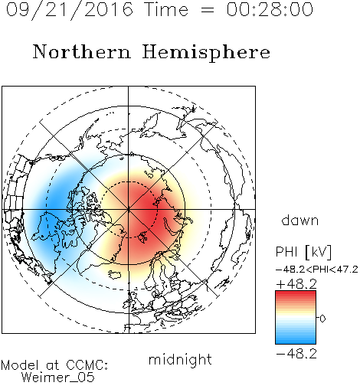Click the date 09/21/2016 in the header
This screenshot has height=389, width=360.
click(x=70, y=10)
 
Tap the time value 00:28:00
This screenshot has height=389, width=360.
click(x=270, y=9)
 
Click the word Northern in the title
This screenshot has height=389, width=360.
click(x=82, y=52)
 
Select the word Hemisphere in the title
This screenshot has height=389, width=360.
click(x=206, y=52)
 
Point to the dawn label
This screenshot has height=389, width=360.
click(x=300, y=221)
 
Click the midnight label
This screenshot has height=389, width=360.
click(x=180, y=359)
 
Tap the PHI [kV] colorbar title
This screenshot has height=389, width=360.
click(x=303, y=252)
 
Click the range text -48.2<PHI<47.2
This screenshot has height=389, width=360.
click(x=317, y=270)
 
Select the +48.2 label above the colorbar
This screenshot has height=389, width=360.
click(x=296, y=284)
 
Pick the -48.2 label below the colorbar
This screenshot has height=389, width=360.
click(x=296, y=354)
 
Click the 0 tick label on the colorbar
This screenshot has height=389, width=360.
click(x=322, y=319)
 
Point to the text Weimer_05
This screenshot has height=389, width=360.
click(x=58, y=378)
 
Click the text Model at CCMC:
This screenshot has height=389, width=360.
click(x=54, y=365)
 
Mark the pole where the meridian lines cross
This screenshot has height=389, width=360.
click(x=129, y=209)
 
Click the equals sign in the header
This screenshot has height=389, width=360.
click(x=207, y=10)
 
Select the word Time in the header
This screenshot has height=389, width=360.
click(x=166, y=9)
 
